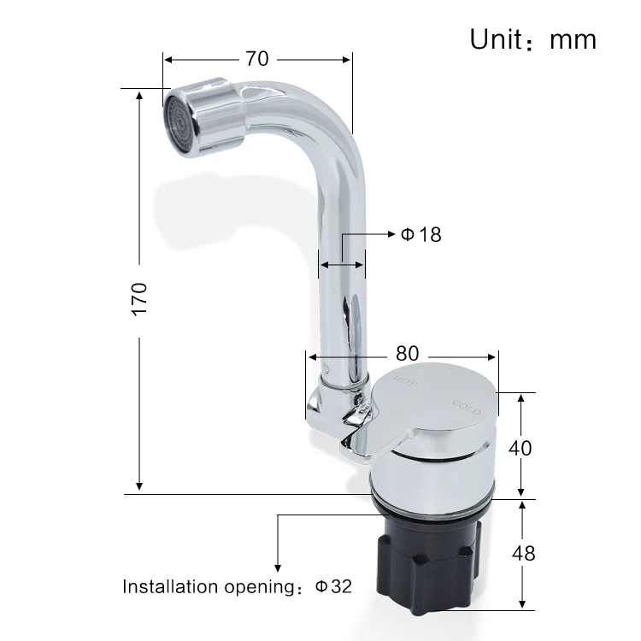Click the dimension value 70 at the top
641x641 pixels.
257,59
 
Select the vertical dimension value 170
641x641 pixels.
139,299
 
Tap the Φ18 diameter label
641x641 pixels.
420,235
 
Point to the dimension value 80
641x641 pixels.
407,354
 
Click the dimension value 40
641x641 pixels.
520,448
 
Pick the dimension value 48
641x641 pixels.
523,554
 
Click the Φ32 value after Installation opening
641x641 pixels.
333,586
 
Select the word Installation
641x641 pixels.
171,586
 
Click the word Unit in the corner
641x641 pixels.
496,39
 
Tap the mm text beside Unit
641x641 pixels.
573,41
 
